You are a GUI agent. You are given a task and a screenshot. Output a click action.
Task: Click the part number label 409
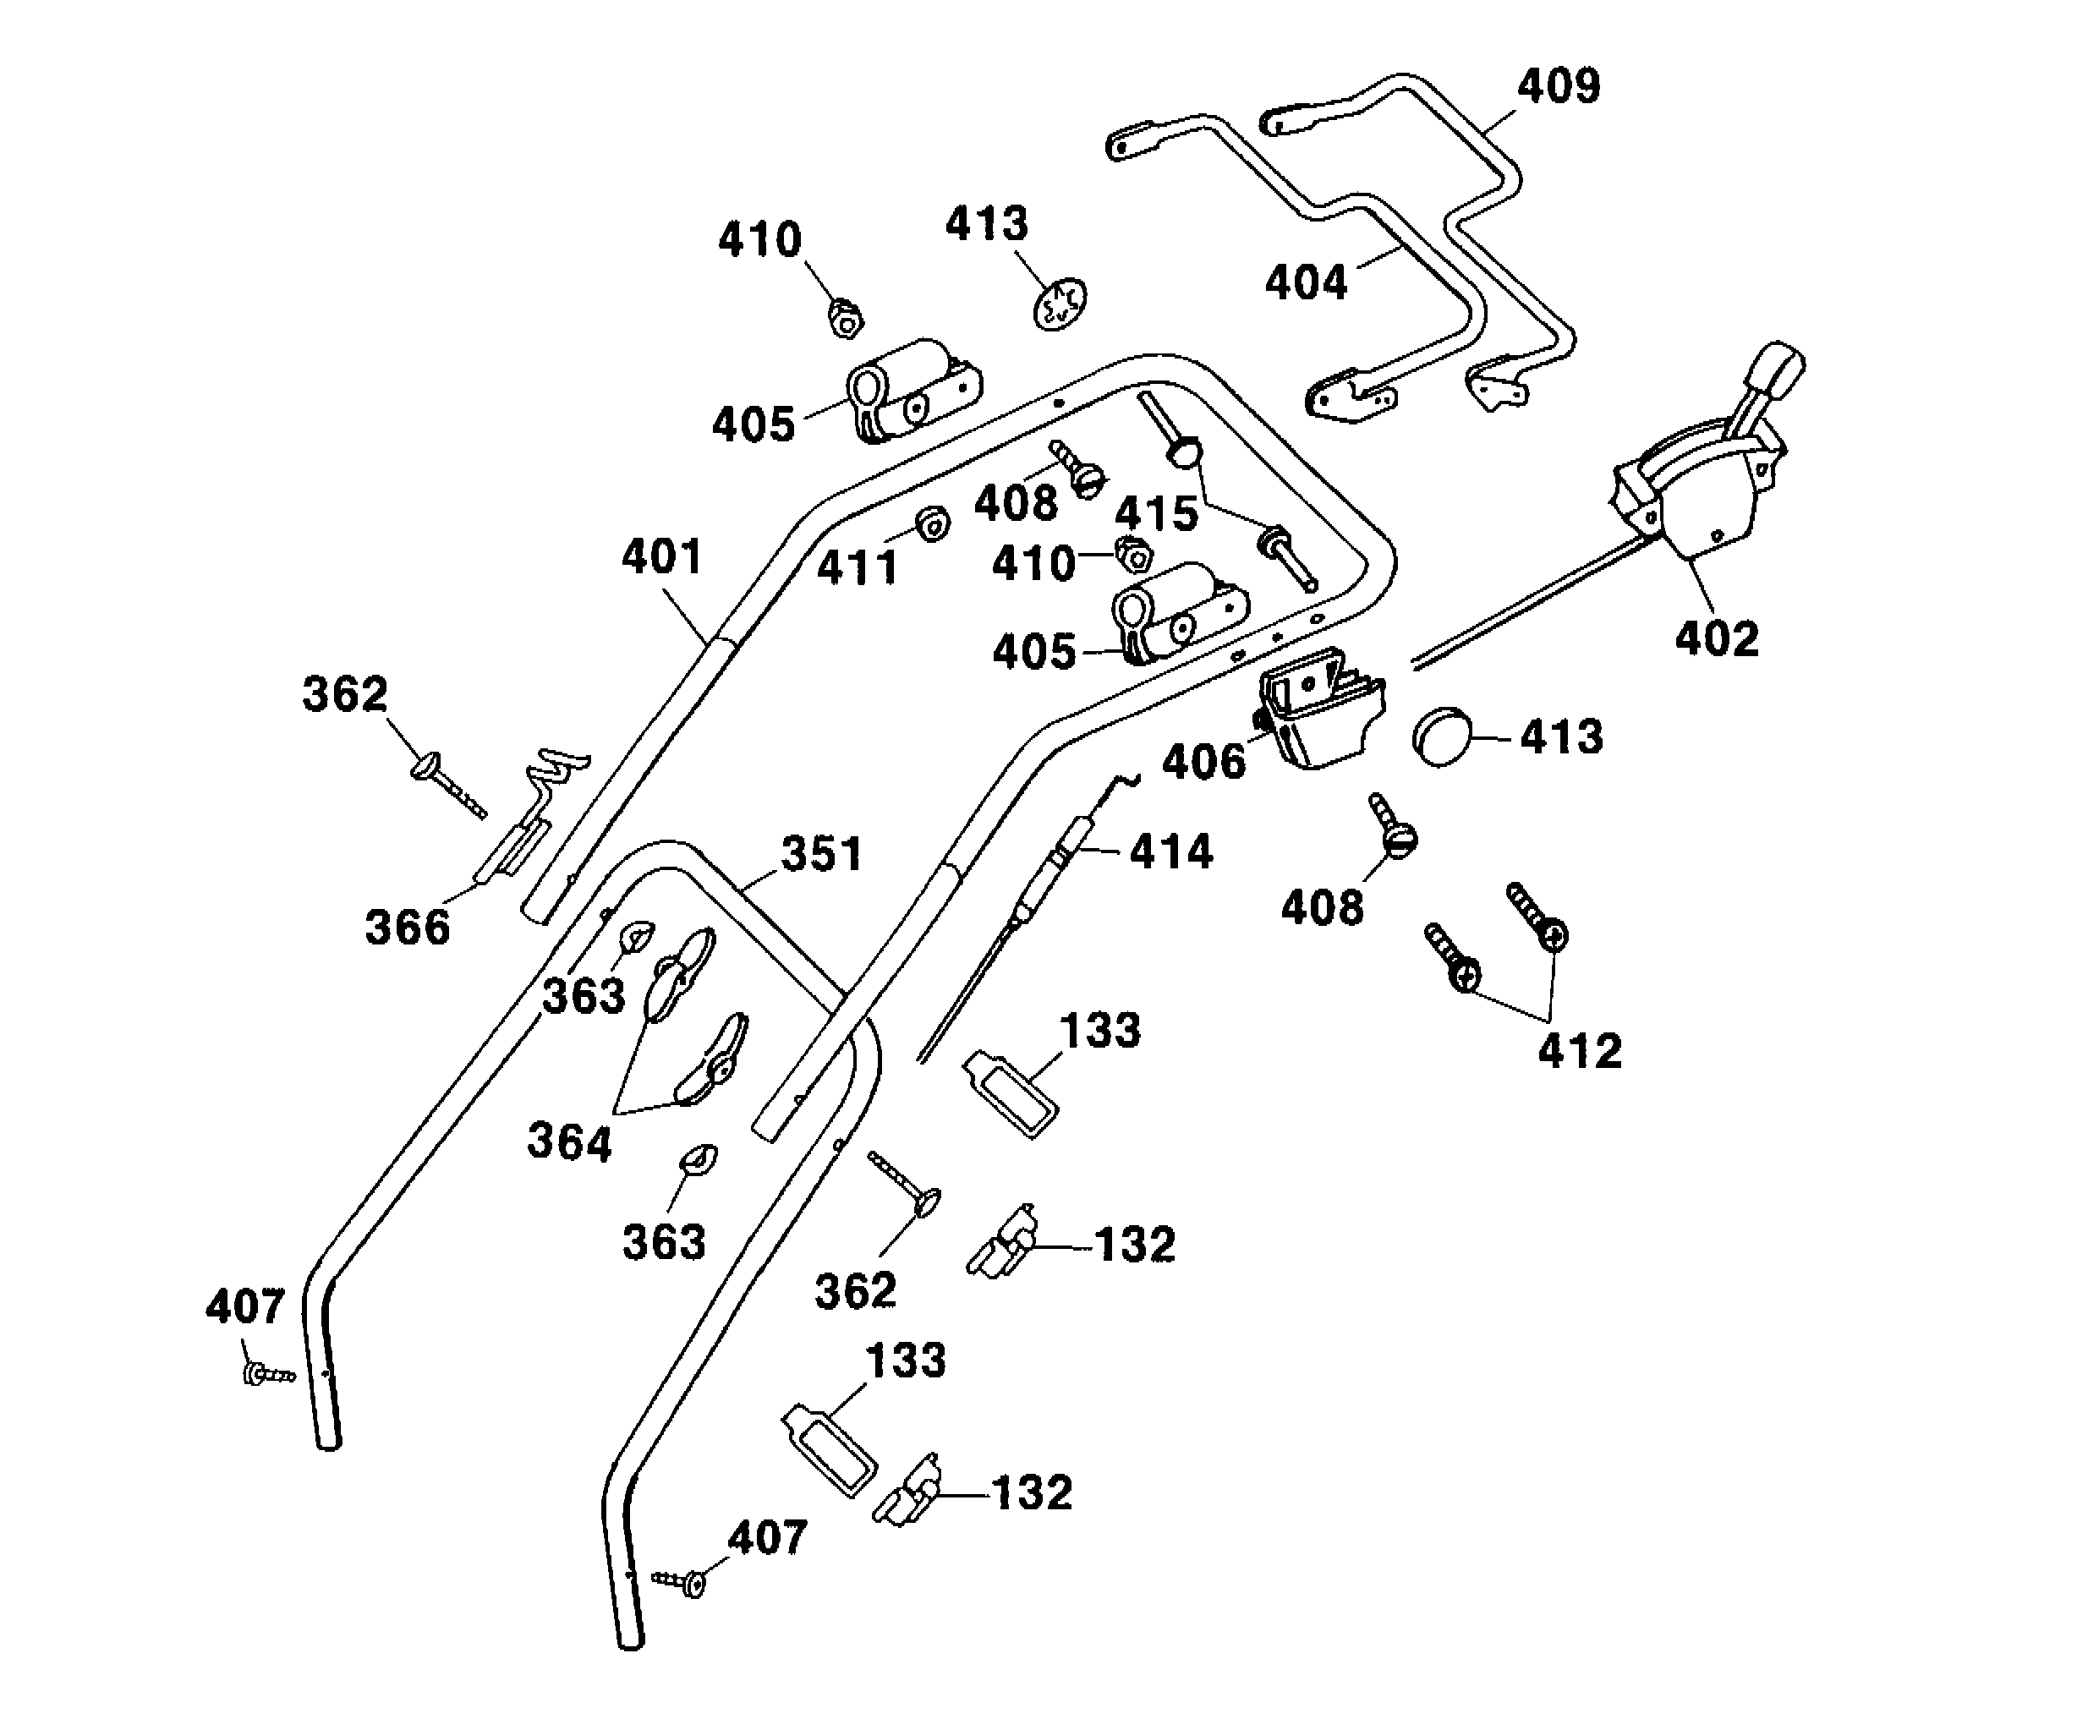coord(1558,85)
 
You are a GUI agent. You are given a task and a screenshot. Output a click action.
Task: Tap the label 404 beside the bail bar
coord(1306,282)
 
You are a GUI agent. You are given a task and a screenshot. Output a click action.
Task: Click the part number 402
coord(1716,638)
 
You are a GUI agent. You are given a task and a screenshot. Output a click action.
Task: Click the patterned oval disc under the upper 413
coord(1060,304)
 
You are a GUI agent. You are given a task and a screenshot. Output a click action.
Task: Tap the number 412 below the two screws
coord(1580,1051)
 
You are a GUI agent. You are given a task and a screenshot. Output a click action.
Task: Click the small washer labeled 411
coord(932,523)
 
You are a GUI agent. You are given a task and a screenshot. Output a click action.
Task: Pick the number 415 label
coord(1155,514)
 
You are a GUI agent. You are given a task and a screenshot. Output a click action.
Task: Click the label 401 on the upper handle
coord(662,556)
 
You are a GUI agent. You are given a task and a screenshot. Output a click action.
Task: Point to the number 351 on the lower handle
coord(821,853)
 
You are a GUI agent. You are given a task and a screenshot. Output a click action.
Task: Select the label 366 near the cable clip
coord(408,928)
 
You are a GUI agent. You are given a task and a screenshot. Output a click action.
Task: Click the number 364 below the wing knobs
coord(569,1141)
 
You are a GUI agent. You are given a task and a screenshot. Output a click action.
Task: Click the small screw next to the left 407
coord(266,1375)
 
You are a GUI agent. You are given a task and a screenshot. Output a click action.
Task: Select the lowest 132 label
coord(1032,1492)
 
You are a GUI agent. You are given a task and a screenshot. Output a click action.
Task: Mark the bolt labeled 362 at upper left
coord(447,782)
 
